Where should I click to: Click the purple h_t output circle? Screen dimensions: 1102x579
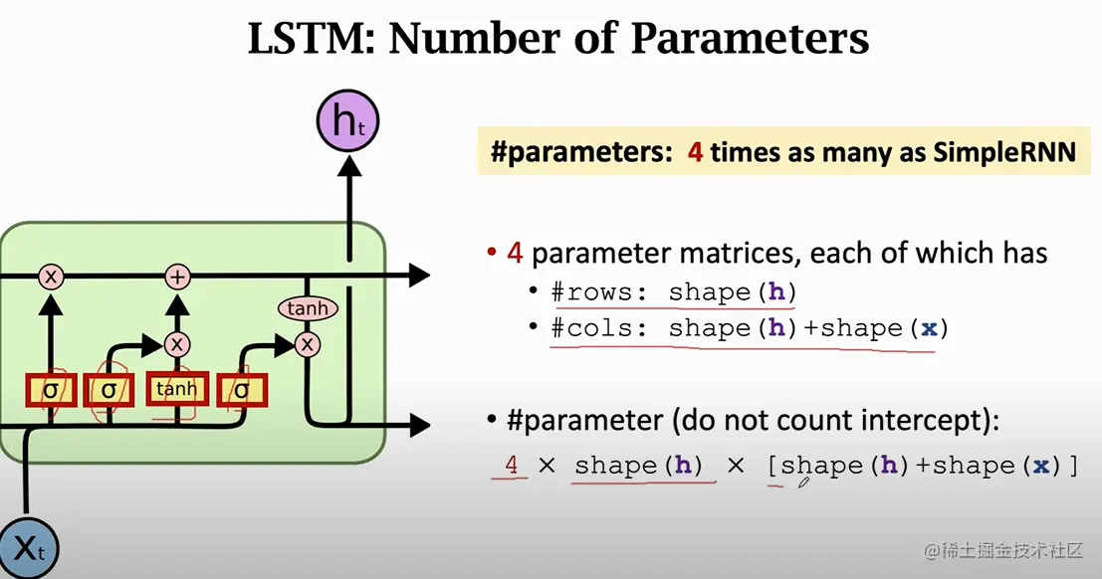coord(347,120)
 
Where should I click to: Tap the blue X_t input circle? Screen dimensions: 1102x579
coord(28,549)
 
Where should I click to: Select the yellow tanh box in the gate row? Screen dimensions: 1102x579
coord(177,389)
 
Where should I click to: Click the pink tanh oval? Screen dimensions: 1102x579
coord(308,308)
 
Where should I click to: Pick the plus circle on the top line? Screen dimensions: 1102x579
coord(177,277)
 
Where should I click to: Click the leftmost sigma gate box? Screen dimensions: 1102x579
coord(51,391)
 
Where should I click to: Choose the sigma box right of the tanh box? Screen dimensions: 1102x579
coord(242,391)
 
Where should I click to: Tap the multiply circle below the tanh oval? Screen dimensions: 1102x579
coord(308,344)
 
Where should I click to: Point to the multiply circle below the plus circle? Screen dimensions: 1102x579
coord(177,344)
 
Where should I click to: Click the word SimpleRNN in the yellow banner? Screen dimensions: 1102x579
coord(1004,152)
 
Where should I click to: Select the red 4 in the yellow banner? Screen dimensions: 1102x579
coord(695,152)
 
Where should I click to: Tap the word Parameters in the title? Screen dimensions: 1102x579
coord(750,40)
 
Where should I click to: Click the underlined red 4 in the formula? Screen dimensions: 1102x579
coord(511,465)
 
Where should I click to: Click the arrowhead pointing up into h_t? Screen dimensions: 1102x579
coord(348,166)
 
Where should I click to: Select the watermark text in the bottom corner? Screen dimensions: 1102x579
coord(1003,550)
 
